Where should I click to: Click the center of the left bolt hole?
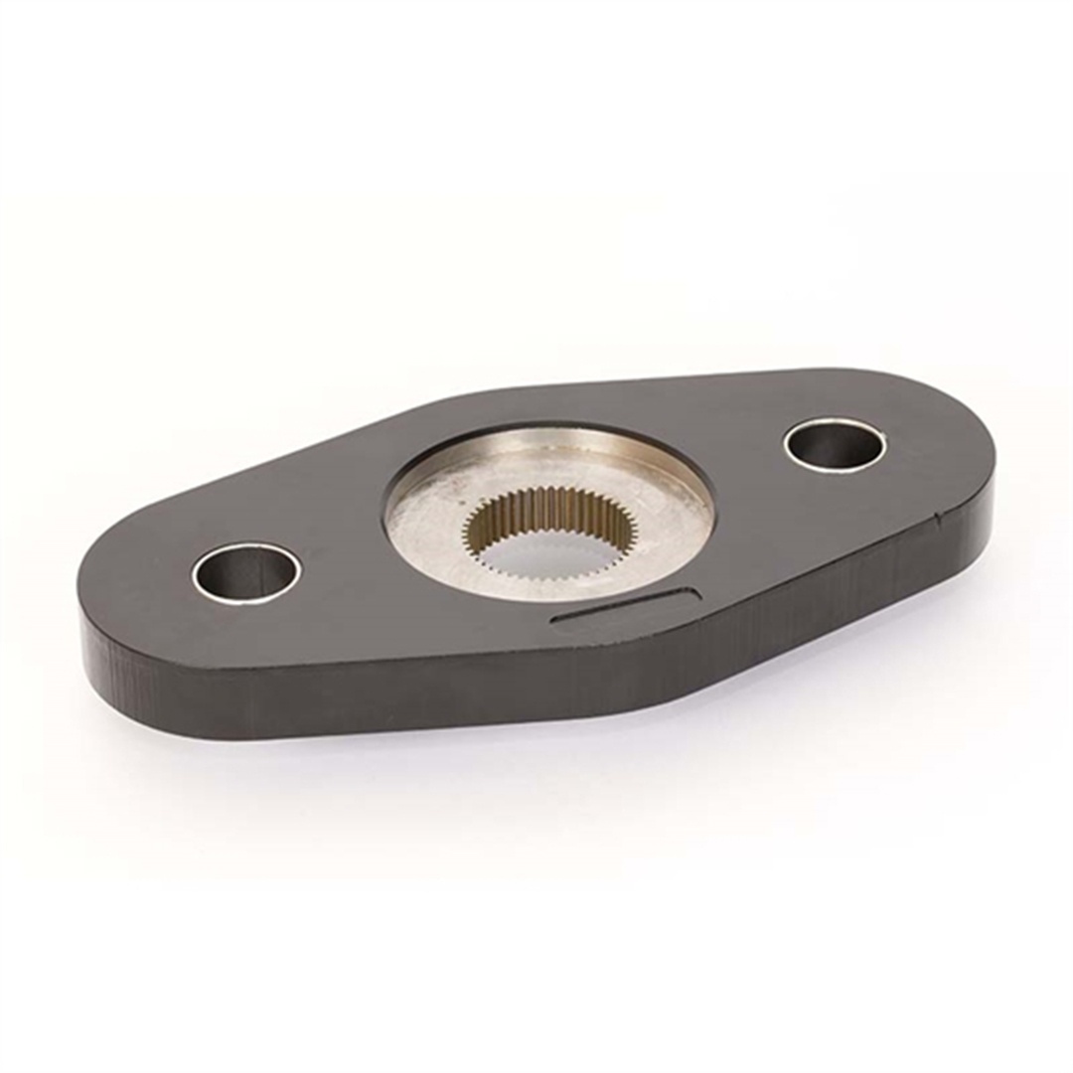click(x=246, y=572)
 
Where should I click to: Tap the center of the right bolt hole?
click(x=835, y=444)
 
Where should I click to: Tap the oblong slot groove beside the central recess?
click(x=626, y=609)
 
